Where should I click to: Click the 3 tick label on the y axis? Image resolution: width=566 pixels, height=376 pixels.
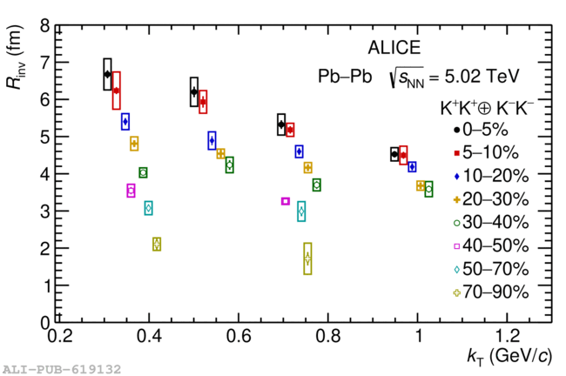[44, 211]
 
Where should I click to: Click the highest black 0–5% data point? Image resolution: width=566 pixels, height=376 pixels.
[107, 74]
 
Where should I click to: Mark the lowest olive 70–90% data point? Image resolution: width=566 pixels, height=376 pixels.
[307, 258]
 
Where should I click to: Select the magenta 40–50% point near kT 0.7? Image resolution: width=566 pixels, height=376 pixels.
[285, 201]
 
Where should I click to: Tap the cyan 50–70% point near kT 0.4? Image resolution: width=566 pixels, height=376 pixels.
[148, 207]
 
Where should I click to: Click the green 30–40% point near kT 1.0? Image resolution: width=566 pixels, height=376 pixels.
[428, 189]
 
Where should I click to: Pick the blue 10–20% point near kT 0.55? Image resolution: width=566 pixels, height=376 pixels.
[212, 140]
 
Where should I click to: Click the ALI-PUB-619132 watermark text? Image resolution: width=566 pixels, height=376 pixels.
[61, 369]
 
